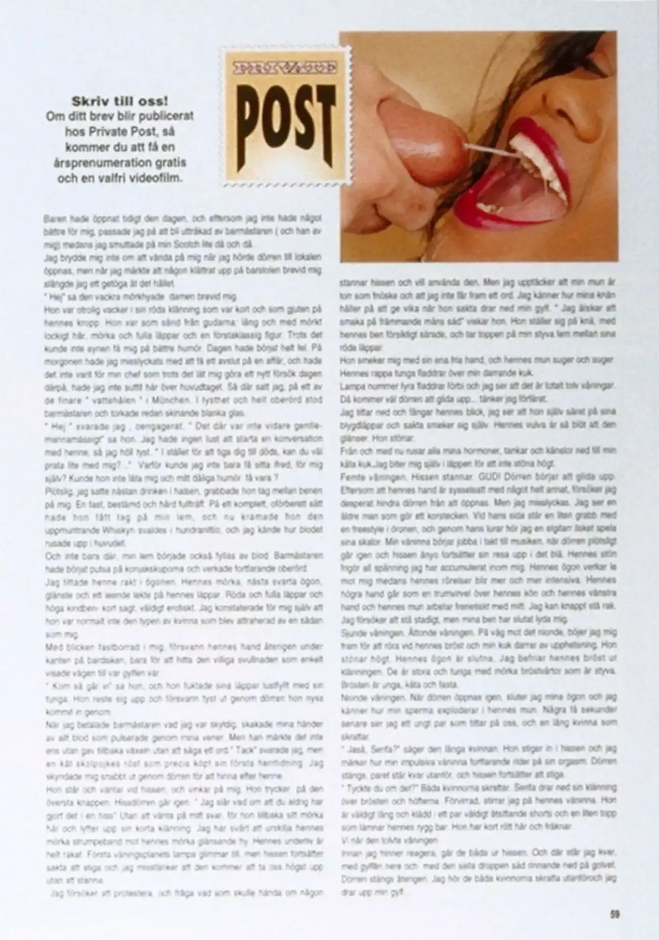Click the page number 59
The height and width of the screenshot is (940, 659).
coord(615,914)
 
